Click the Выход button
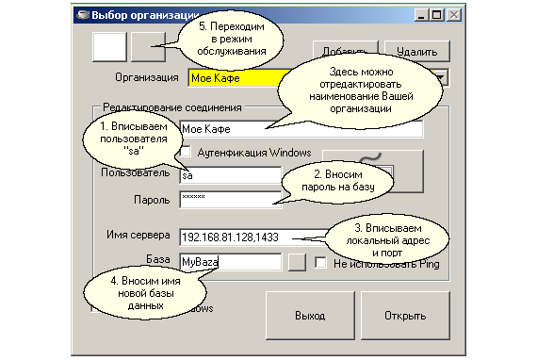tap(302, 316)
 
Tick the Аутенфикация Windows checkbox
tap(186, 152)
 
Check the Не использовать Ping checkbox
tap(320, 264)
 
